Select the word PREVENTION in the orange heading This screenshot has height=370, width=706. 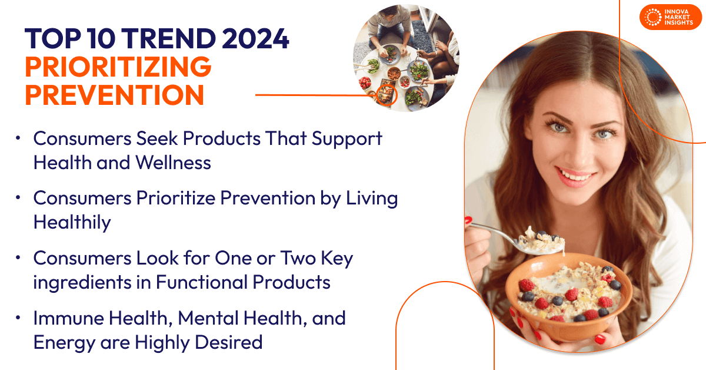[x=115, y=94]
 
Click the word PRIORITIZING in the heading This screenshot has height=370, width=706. [x=118, y=66]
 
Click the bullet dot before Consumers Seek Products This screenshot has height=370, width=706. [x=18, y=138]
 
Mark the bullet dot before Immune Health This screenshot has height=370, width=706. [x=18, y=318]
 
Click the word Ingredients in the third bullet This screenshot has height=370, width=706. [x=72, y=282]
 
